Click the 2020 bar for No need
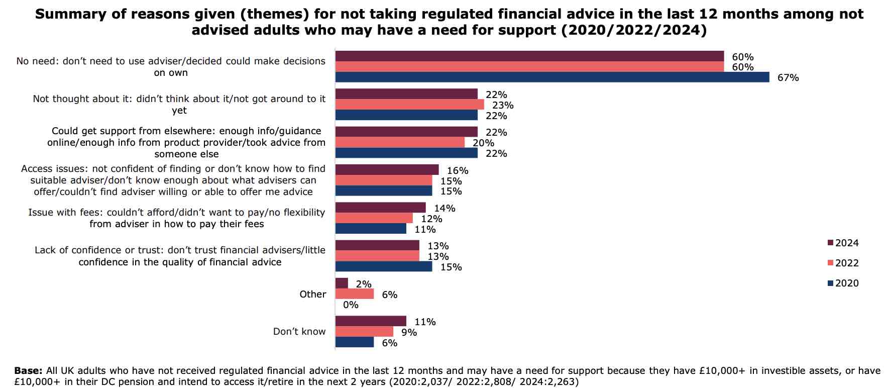552,77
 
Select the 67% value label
788,78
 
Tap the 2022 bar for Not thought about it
409,105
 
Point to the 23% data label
503,105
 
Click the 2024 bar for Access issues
387,170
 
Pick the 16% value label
458,171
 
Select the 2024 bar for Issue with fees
380,208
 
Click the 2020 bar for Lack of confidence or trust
383,266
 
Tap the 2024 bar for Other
342,283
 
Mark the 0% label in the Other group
351,305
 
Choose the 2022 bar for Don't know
364,332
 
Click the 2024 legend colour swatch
830,243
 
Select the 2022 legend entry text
847,263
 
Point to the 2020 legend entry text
847,283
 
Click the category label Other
312,295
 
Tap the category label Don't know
299,332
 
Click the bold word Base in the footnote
28,371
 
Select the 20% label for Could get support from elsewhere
483,143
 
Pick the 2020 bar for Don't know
354,342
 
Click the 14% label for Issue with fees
445,208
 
